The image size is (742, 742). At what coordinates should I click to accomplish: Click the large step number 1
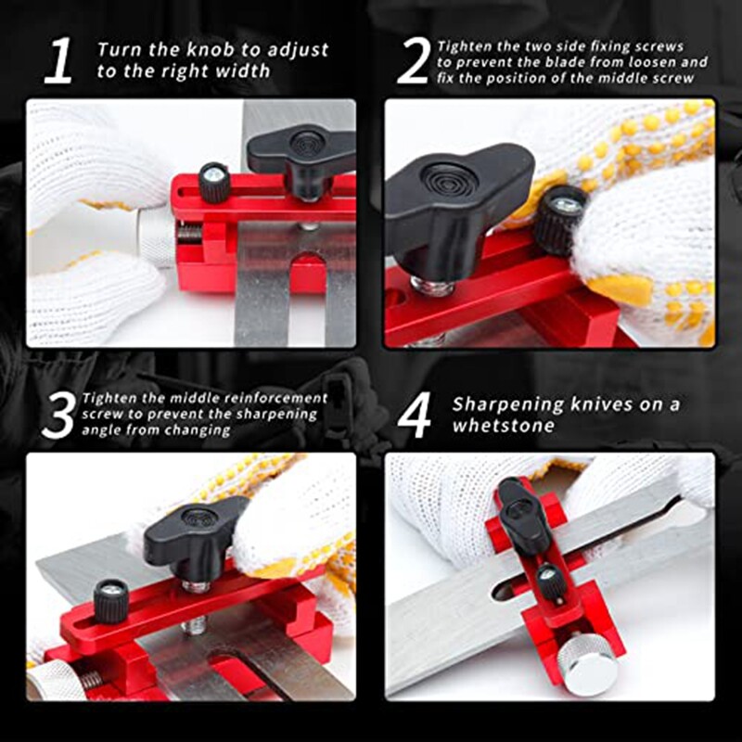pyautogui.click(x=58, y=61)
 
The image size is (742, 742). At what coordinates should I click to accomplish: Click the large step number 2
pyautogui.click(x=413, y=61)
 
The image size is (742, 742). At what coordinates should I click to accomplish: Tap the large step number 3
pyautogui.click(x=58, y=414)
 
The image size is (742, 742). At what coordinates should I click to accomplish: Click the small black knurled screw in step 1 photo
pyautogui.click(x=214, y=182)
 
